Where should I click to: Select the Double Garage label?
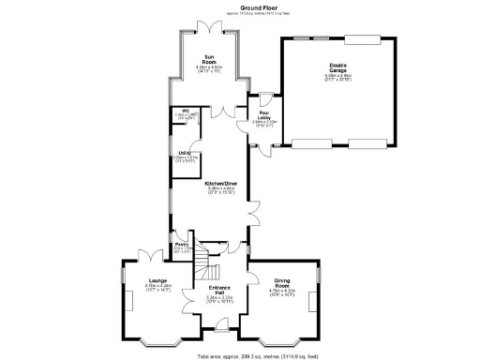point(337,67)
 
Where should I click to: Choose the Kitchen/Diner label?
point(221,184)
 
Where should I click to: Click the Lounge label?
point(157,280)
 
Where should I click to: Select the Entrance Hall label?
point(219,289)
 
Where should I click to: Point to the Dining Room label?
point(282,282)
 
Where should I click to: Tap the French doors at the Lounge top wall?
point(147,254)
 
